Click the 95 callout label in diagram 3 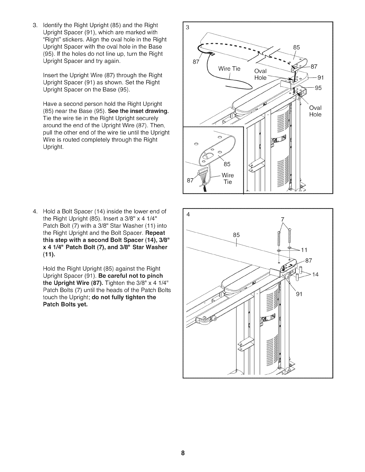pyautogui.click(x=318, y=88)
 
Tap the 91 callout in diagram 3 pyautogui.click(x=321, y=78)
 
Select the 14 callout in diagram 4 pyautogui.click(x=315, y=274)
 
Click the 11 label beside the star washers pyautogui.click(x=304, y=250)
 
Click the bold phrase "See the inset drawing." pyautogui.click(x=139, y=111)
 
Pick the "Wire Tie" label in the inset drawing pyautogui.click(x=228, y=178)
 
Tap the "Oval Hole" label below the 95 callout pyautogui.click(x=315, y=111)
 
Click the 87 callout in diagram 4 pyautogui.click(x=309, y=261)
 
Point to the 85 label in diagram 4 pyautogui.click(x=236, y=235)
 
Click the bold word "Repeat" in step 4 pyautogui.click(x=155, y=233)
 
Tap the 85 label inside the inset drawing pyautogui.click(x=227, y=164)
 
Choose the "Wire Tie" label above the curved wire pyautogui.click(x=229, y=69)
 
